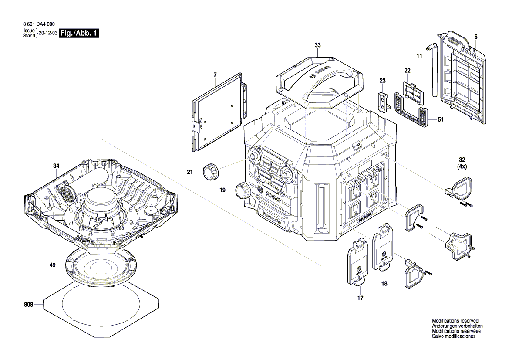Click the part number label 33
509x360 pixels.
[317, 45]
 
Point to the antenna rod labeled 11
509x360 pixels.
[434, 72]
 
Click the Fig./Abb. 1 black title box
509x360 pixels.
[80, 33]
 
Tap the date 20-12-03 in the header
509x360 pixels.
[48, 33]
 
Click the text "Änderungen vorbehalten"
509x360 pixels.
[457, 326]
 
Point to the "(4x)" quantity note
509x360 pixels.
[462, 166]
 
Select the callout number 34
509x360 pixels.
[56, 166]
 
